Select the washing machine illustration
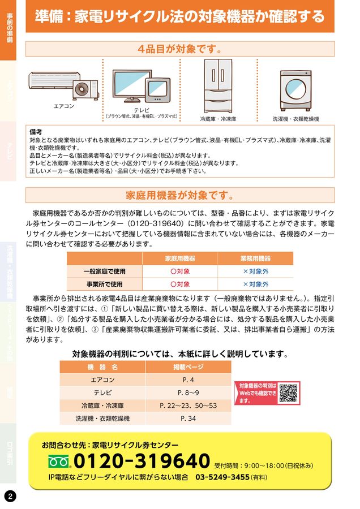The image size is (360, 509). [x=295, y=90]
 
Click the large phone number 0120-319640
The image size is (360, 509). [x=142, y=461]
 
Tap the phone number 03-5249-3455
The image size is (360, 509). [x=222, y=477]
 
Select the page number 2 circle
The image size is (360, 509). [x=10, y=495]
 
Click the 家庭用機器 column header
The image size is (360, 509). [x=180, y=258]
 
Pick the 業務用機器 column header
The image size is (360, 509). [x=255, y=258]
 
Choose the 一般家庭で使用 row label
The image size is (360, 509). [x=105, y=271]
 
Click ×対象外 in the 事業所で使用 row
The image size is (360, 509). [x=255, y=284]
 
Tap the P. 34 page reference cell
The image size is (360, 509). [x=188, y=419]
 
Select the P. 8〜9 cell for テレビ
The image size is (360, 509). [x=188, y=392]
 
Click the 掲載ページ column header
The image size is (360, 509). [x=188, y=367]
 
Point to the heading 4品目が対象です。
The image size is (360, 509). [x=179, y=49]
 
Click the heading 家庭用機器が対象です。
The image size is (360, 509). [x=179, y=196]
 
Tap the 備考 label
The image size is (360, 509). [x=36, y=131]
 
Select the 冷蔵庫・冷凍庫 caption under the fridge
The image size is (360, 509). [x=218, y=119]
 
